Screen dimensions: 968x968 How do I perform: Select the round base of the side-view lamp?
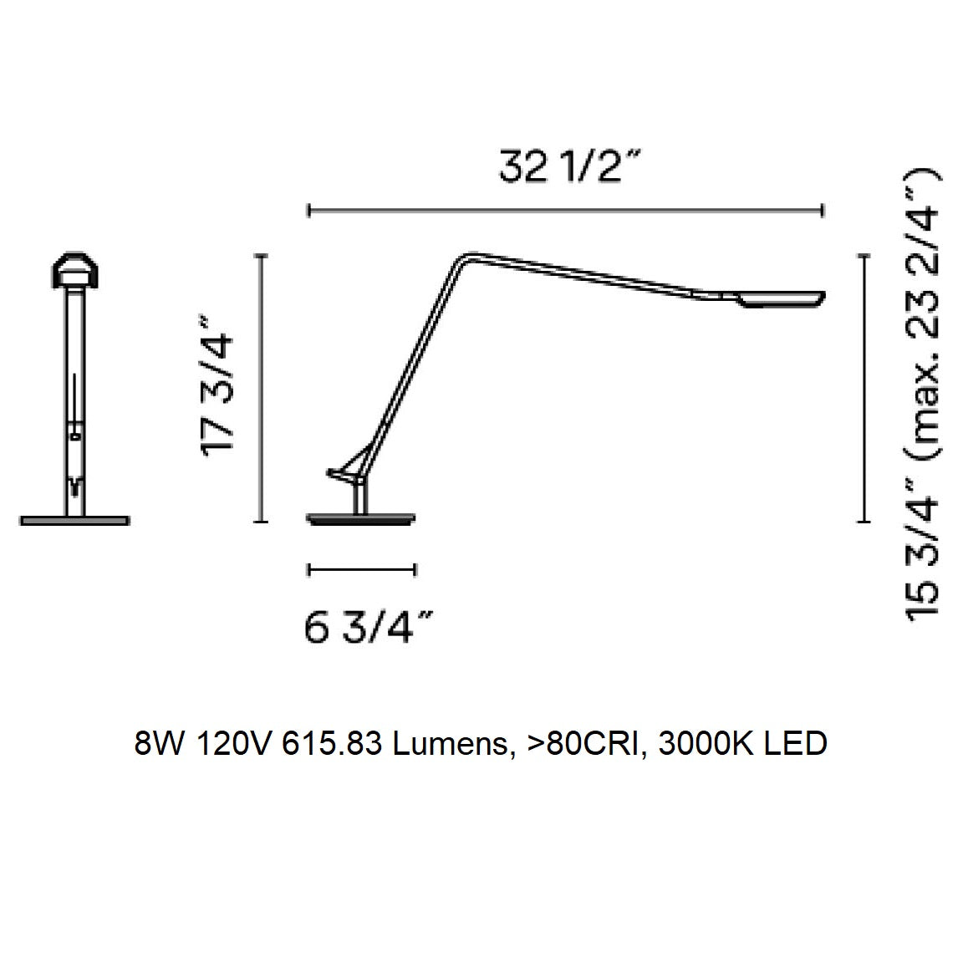pyautogui.click(x=362, y=518)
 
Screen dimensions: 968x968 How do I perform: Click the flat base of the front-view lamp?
pyautogui.click(x=74, y=521)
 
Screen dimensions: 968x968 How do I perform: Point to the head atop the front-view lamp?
pyautogui.click(x=74, y=270)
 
